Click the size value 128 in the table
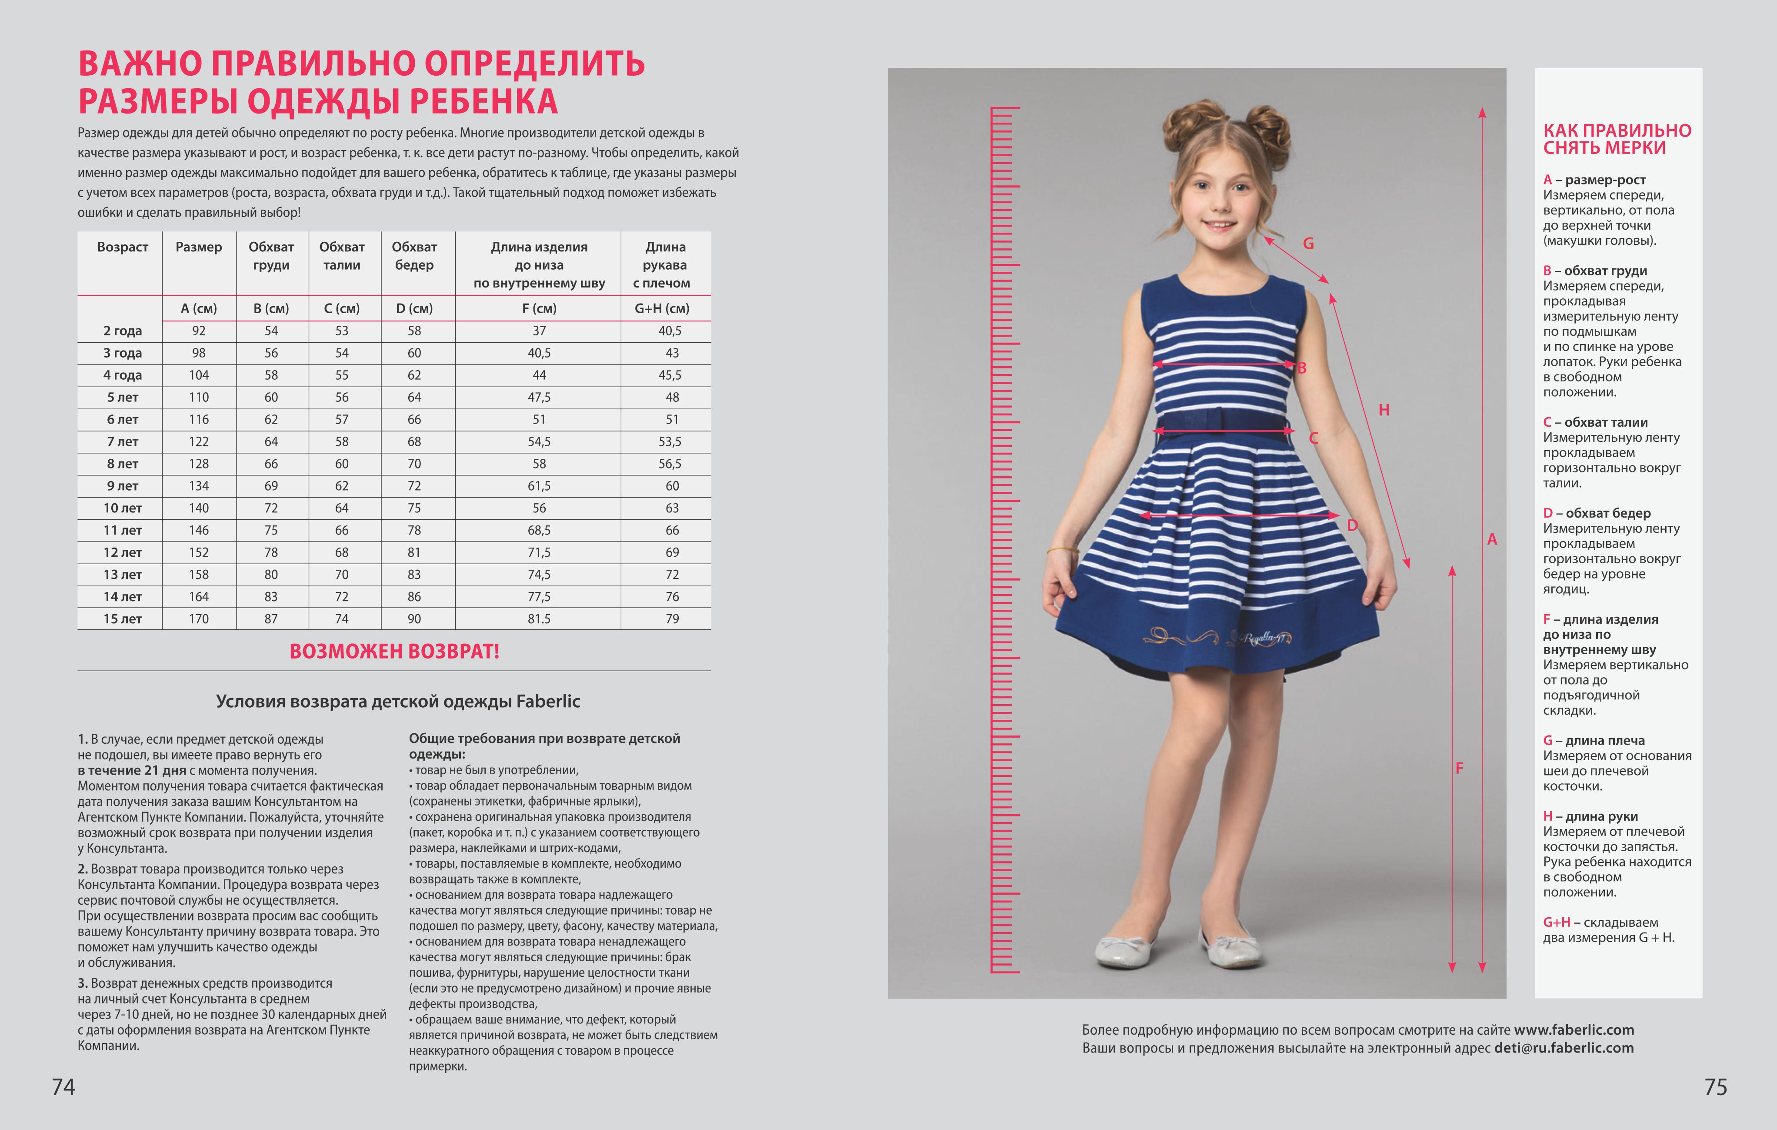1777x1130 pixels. [199, 464]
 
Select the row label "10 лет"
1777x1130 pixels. [123, 508]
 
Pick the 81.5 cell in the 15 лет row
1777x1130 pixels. [539, 618]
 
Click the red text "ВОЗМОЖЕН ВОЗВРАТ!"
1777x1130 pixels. [394, 651]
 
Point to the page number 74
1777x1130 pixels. [63, 1087]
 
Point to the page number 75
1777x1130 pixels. [1716, 1087]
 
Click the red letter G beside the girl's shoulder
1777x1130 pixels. [1308, 244]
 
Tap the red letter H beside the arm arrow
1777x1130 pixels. [1384, 410]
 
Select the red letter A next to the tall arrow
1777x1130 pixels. [1492, 539]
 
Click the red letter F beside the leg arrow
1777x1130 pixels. [1459, 769]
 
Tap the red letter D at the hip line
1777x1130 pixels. [1352, 525]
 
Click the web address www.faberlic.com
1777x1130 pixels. [1574, 1030]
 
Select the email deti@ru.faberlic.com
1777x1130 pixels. [1564, 1048]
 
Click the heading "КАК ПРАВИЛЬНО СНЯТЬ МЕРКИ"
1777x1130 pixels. [1617, 139]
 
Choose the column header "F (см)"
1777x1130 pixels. [539, 308]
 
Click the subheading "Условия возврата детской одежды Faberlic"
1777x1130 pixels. [398, 701]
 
